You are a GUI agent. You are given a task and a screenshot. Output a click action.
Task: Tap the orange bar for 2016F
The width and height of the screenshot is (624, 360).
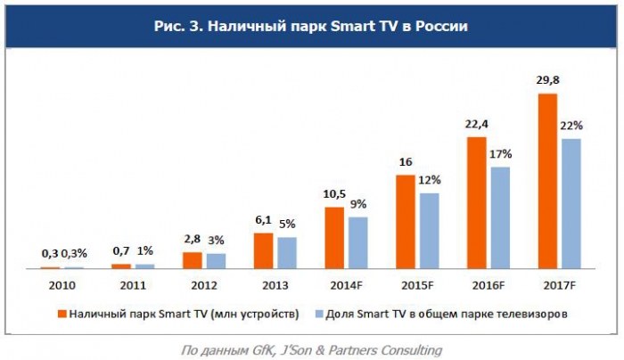[x=477, y=202]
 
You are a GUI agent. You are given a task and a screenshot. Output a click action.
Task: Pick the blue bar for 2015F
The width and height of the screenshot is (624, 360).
[x=429, y=230]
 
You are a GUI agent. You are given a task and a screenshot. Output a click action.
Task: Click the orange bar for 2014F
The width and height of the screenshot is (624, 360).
[x=334, y=237]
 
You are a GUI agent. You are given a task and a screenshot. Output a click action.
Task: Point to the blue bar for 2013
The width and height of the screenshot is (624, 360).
[x=286, y=252]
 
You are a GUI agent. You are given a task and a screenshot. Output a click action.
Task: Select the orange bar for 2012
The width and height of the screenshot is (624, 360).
[x=192, y=259]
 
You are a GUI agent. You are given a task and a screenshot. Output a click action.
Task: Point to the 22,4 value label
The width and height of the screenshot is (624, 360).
[x=477, y=125]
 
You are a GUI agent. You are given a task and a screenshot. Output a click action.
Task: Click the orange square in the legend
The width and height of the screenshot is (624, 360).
[x=62, y=313]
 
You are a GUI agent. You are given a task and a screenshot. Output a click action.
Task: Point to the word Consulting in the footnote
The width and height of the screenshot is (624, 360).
[x=407, y=348]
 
